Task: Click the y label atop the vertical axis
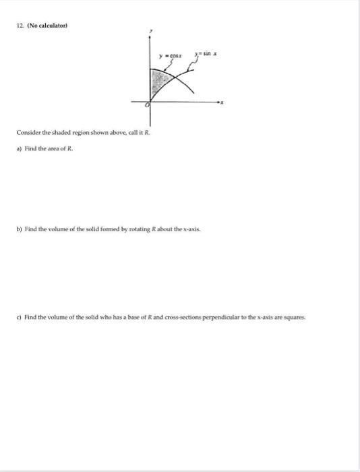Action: point(151,30)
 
